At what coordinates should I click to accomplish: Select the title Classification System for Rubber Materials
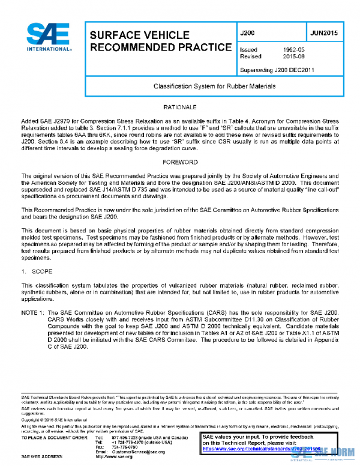tap(214, 86)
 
